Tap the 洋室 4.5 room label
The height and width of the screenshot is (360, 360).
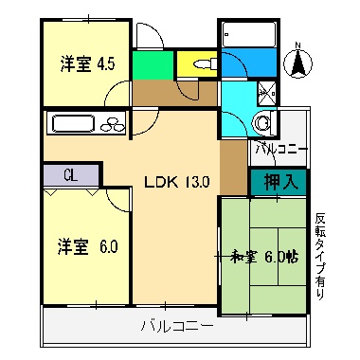click(87, 64)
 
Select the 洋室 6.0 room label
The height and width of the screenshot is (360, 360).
click(88, 247)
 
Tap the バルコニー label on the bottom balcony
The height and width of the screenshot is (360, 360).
click(175, 328)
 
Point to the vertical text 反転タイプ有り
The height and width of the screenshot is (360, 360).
click(320, 254)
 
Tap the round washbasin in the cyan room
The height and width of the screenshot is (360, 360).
click(263, 120)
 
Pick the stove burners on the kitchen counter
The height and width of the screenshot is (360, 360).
click(111, 123)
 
